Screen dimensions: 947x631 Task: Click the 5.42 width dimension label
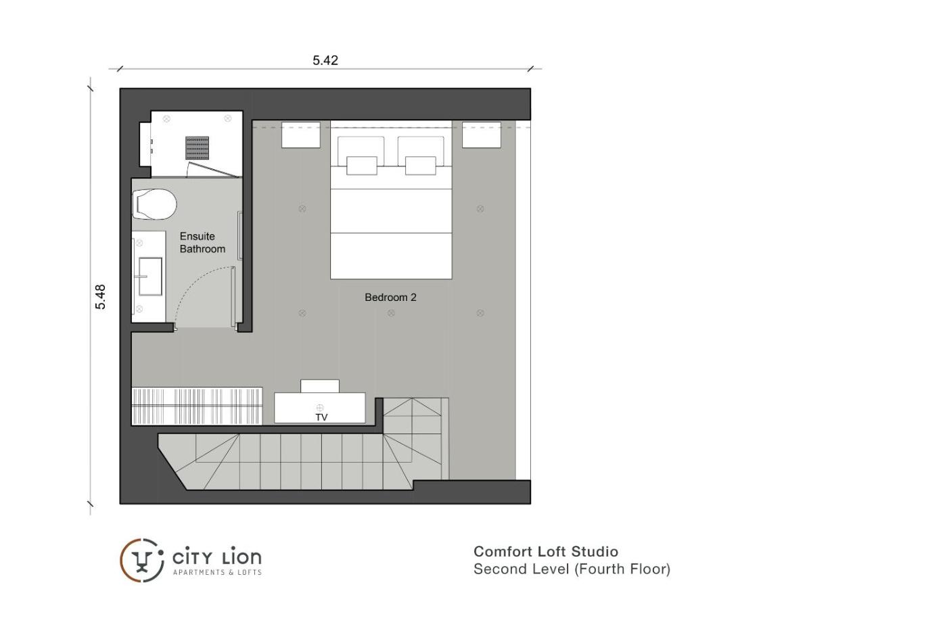325,60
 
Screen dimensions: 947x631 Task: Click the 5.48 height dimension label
100,297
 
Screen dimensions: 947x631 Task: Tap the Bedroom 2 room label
390,298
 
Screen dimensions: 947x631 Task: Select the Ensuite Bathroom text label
202,243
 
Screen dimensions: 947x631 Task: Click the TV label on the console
321,417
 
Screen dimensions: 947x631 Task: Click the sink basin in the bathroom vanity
150,277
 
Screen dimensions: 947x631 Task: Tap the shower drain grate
197,147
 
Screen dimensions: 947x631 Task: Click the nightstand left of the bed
300,135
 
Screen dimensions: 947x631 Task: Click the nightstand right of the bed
481,135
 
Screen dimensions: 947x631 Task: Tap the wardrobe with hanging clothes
197,406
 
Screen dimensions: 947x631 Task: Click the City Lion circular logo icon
142,561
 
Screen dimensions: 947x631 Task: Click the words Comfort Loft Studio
546,552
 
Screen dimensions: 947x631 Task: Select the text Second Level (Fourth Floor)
572,569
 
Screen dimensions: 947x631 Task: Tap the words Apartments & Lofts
217,572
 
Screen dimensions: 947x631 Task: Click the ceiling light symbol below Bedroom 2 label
391,313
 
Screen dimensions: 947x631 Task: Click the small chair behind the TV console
319,386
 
